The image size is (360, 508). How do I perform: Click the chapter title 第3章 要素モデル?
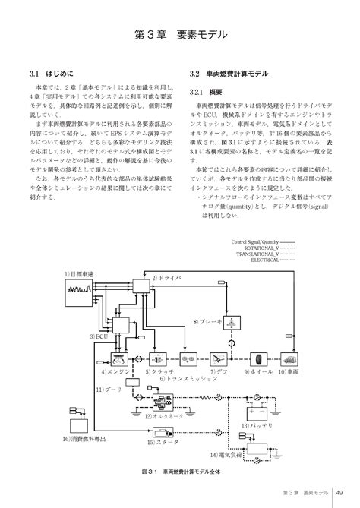pos(180,34)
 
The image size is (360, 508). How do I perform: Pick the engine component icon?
pos(122,357)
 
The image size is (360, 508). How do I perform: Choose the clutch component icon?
pos(158,357)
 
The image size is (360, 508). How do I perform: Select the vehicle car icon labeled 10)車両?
pos(289,357)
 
